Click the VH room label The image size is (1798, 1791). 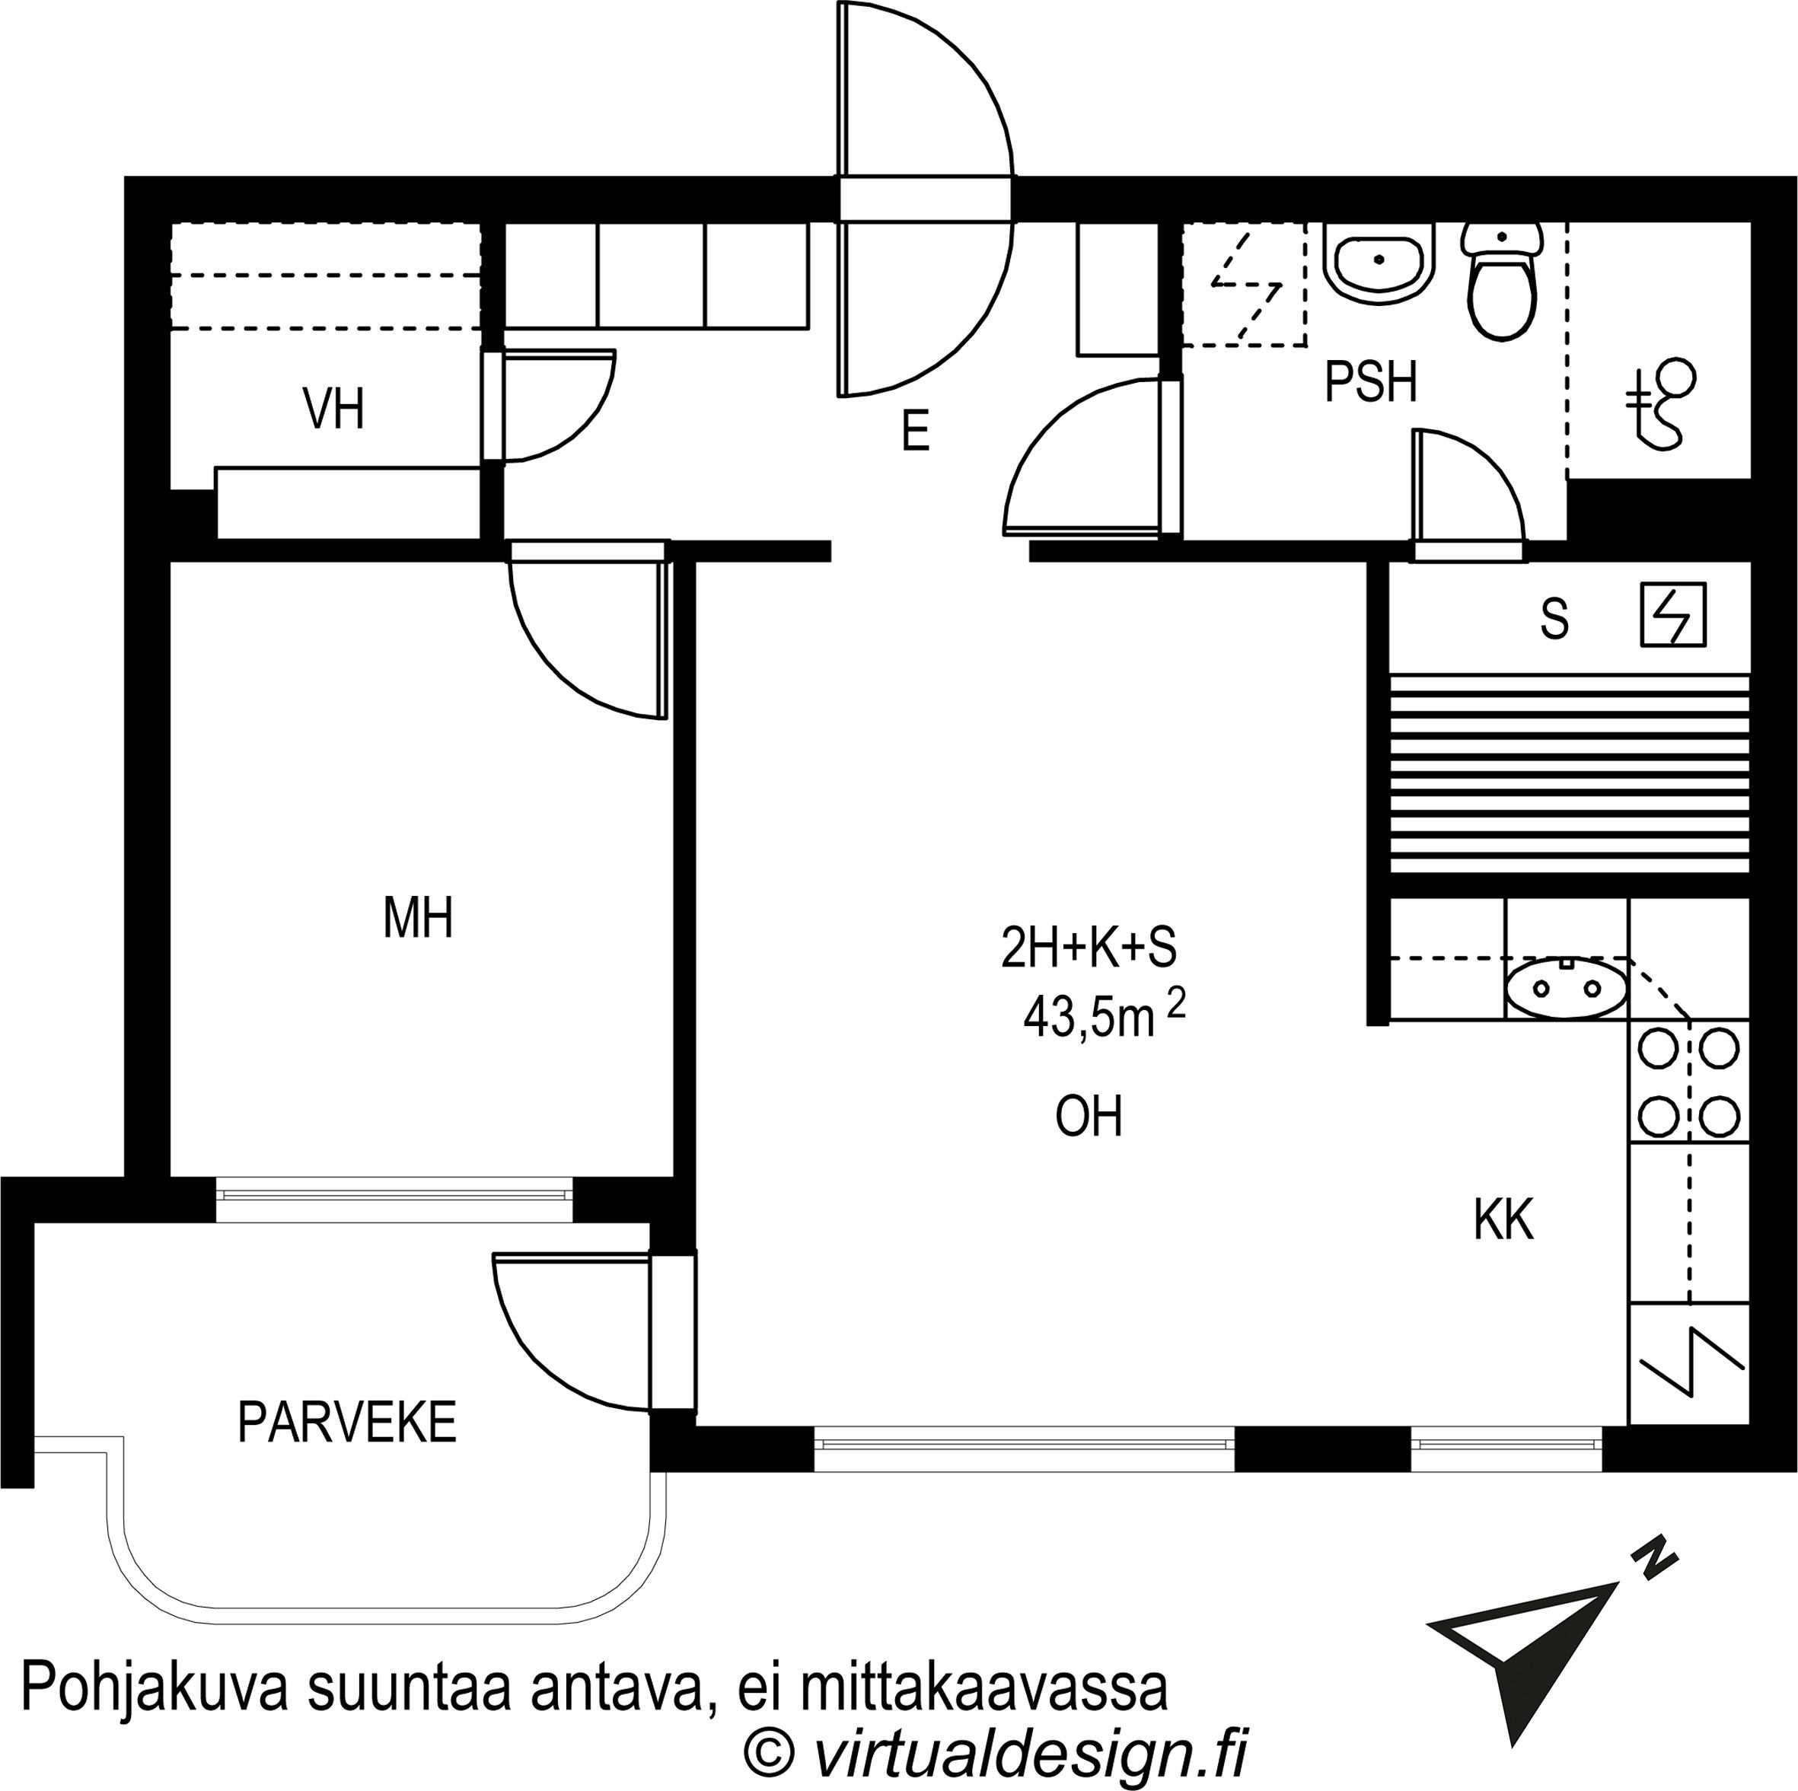[333, 410]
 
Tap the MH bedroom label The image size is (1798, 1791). [418, 918]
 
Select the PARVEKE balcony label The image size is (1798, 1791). [346, 1422]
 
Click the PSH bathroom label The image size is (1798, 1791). [1370, 382]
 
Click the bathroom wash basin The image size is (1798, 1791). [1379, 261]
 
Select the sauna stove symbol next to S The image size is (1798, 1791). [1672, 615]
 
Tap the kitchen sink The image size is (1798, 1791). [1567, 989]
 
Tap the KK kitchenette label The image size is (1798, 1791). [1503, 1219]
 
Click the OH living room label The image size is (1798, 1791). [1088, 1117]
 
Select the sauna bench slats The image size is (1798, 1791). [1569, 774]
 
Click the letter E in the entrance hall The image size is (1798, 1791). [916, 432]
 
